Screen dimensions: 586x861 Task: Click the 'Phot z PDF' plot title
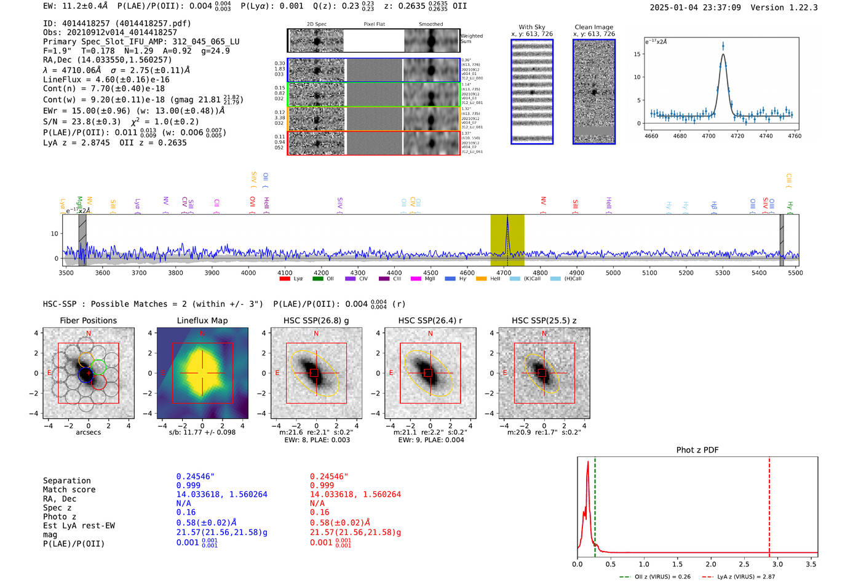pyautogui.click(x=697, y=450)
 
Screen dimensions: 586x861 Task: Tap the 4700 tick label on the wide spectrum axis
pyautogui.click(x=504, y=273)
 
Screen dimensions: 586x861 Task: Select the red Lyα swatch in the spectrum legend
pyautogui.click(x=285, y=279)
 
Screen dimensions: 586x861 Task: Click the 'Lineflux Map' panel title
pyautogui.click(x=202, y=320)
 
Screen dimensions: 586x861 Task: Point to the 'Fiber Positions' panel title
pyautogui.click(x=88, y=320)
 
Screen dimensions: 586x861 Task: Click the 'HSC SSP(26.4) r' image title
pyautogui.click(x=430, y=320)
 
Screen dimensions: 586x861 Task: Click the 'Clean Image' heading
pyautogui.click(x=593, y=27)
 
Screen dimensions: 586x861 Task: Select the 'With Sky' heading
pyautogui.click(x=532, y=27)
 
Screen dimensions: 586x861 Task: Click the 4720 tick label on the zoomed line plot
pyautogui.click(x=737, y=136)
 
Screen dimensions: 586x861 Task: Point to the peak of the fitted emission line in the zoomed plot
pyautogui.click(x=723, y=55)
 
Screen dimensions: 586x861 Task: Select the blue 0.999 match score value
pyautogui.click(x=188, y=486)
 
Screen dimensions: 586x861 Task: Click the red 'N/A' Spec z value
pyautogui.click(x=317, y=504)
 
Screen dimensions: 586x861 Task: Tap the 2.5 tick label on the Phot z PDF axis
pyautogui.click(x=744, y=564)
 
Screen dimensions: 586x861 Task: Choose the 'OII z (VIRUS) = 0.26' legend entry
pyautogui.click(x=655, y=577)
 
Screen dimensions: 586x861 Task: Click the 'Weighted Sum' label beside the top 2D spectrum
pyautogui.click(x=471, y=39)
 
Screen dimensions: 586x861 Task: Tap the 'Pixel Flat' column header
pyautogui.click(x=374, y=25)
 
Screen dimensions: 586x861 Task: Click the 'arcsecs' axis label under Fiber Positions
pyautogui.click(x=89, y=432)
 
